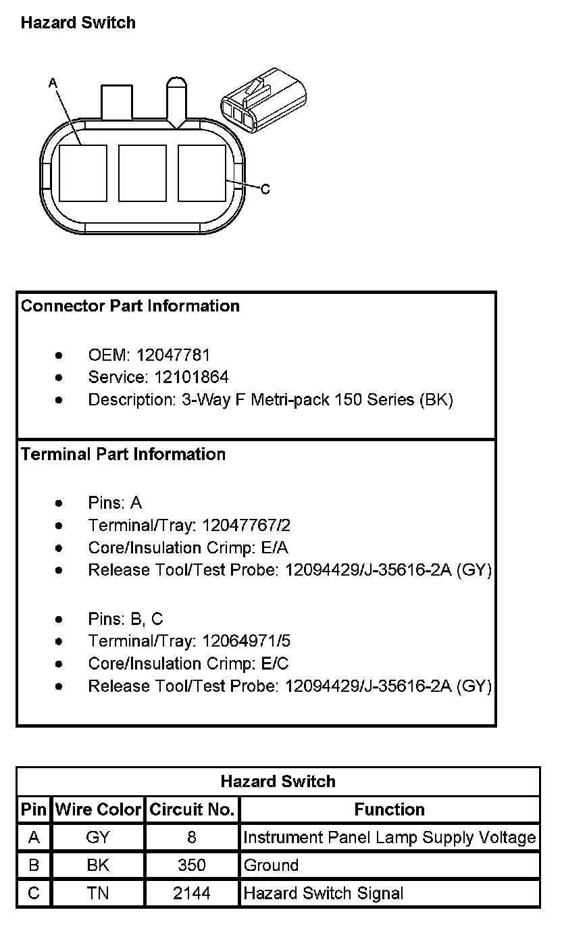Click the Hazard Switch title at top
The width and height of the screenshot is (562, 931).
[78, 23]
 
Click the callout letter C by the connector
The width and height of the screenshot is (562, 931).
[265, 189]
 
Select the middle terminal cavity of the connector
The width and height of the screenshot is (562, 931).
[142, 173]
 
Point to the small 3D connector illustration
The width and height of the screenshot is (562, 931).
[262, 101]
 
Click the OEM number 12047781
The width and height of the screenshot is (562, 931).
[173, 355]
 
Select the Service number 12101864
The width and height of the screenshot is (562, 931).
[192, 377]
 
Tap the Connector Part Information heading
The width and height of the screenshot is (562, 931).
[130, 306]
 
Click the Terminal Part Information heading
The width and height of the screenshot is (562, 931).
[123, 454]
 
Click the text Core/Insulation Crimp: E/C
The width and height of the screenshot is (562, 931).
[188, 663]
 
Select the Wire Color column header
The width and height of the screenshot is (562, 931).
[98, 809]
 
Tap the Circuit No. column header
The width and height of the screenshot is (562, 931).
[192, 809]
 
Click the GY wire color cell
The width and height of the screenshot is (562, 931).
[98, 838]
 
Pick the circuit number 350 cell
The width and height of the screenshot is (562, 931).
[192, 865]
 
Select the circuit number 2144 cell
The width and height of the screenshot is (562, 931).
[192, 894]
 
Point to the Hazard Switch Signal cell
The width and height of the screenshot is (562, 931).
[324, 894]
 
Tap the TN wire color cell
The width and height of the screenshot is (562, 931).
[98, 894]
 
